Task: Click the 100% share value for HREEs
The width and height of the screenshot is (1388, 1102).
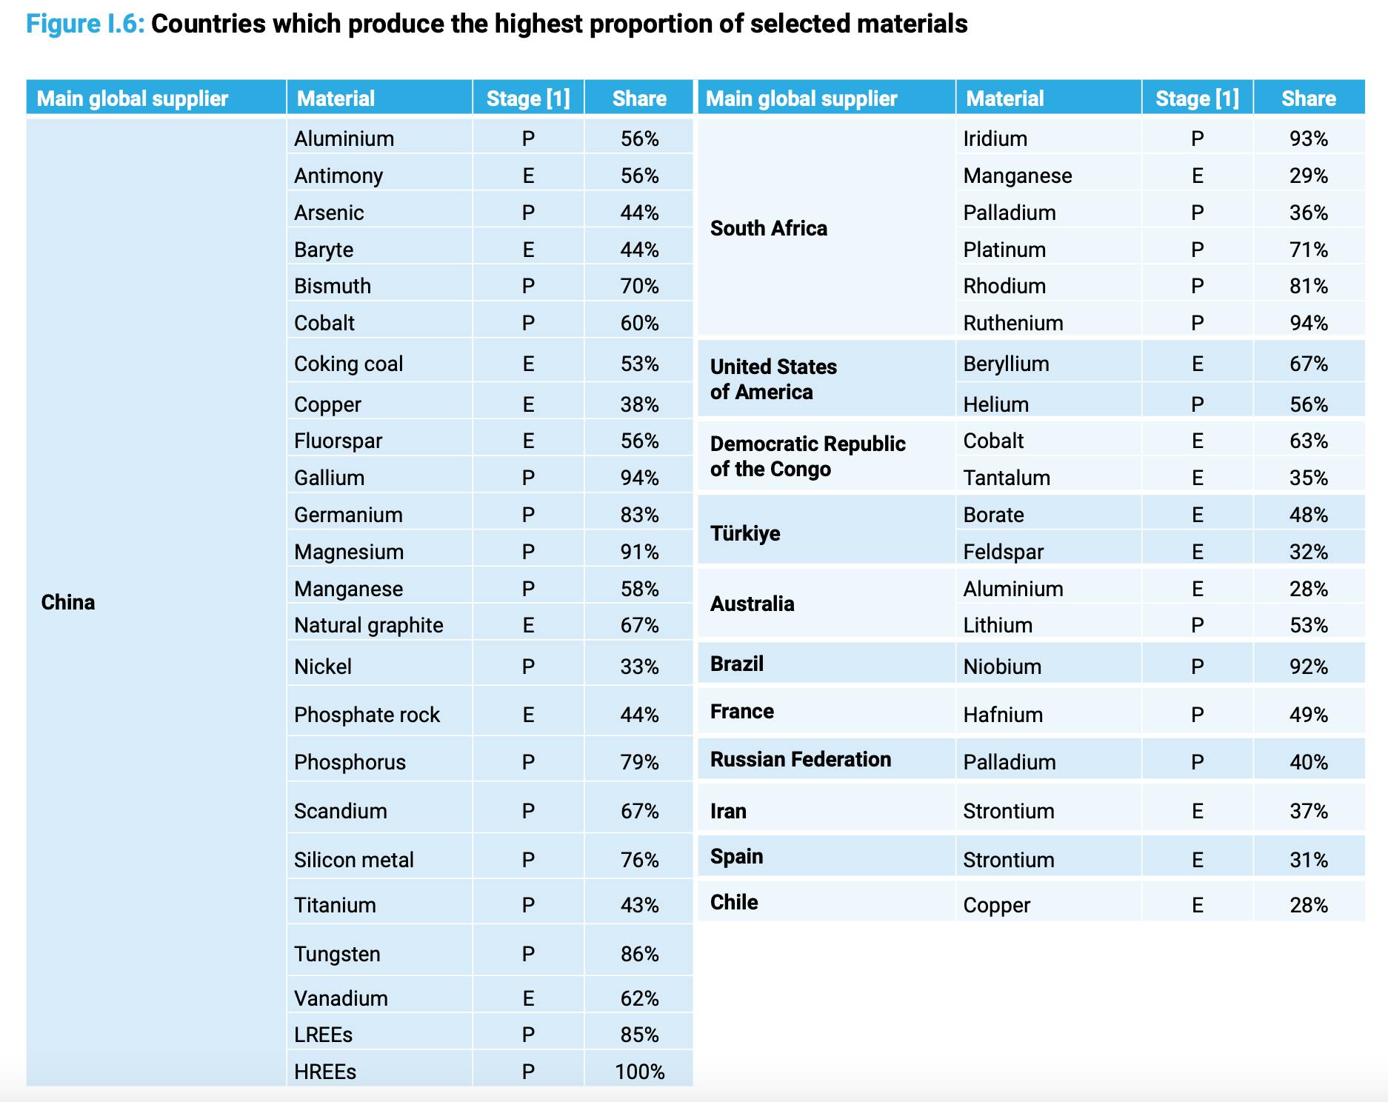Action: tap(639, 1072)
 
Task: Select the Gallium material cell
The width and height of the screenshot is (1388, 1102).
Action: tap(329, 478)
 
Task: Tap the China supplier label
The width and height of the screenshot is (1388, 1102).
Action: tap(68, 602)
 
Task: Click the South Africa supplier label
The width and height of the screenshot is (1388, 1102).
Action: tap(768, 228)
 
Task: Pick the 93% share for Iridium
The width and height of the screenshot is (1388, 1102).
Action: tap(1308, 138)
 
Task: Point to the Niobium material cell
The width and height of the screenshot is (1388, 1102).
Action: tap(1001, 667)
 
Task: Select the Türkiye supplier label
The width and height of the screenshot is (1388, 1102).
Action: tap(744, 533)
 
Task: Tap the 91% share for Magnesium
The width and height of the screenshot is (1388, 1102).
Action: tap(639, 552)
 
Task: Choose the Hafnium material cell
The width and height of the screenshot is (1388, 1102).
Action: tap(1002, 715)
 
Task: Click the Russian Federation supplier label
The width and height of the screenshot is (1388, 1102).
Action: tap(800, 760)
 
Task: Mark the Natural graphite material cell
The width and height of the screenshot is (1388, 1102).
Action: tap(368, 625)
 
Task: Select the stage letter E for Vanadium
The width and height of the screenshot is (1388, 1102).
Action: tap(528, 998)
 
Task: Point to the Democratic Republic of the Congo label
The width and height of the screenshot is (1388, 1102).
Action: tap(807, 456)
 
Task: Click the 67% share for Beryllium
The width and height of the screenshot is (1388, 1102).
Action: tap(1308, 364)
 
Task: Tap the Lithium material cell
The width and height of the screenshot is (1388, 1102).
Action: tap(997, 625)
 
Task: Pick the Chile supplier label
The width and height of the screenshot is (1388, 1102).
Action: tap(733, 902)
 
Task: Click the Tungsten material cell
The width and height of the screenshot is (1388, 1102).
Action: tap(337, 954)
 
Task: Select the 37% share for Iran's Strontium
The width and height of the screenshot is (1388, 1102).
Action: tap(1308, 811)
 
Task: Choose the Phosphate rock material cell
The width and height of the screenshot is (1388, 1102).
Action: tap(367, 715)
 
